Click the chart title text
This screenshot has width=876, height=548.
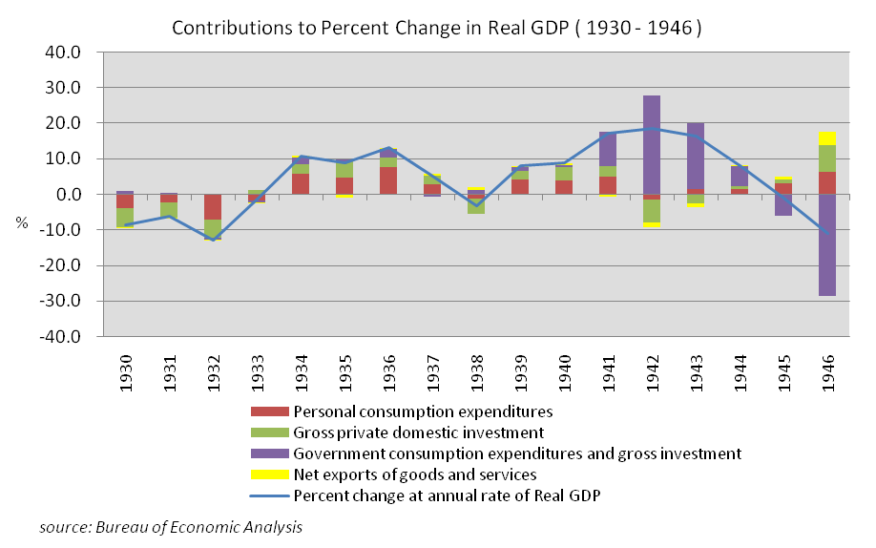[437, 28]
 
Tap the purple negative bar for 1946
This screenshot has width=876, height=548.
[826, 244]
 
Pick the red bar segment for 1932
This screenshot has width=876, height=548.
[213, 206]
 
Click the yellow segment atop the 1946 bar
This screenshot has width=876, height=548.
[826, 137]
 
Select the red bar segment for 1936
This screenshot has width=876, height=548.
[388, 180]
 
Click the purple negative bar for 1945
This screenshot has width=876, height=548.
[782, 204]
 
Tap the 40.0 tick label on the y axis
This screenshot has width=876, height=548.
[77, 53]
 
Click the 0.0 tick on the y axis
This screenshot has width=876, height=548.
[81, 195]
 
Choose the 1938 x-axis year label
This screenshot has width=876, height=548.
[476, 369]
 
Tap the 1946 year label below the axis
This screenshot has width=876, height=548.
[826, 369]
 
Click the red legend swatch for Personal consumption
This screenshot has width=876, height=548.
[269, 412]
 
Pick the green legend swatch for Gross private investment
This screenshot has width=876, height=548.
[269, 433]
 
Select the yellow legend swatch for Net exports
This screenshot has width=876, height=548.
[269, 474]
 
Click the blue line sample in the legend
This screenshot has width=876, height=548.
[269, 495]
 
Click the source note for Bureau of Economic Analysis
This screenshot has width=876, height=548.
[172, 527]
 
